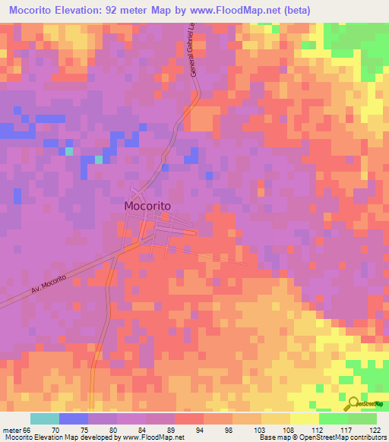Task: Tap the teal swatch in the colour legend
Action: (45, 418)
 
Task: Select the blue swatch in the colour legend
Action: (74, 418)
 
